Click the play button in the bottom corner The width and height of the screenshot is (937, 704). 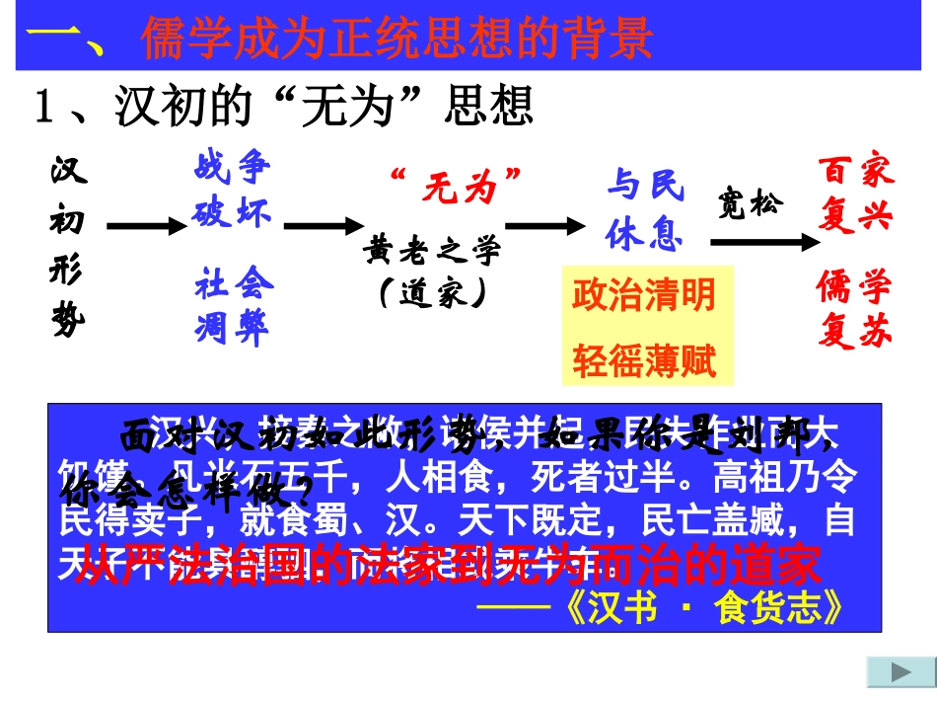click(x=901, y=672)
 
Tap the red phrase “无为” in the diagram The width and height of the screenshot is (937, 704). click(x=455, y=185)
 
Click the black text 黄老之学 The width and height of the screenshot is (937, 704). click(x=432, y=249)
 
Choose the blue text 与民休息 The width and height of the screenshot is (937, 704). click(x=645, y=210)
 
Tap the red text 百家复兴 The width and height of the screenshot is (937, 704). click(x=855, y=194)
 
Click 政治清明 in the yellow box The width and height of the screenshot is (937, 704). click(x=644, y=294)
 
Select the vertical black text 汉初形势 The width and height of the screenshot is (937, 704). click(x=68, y=248)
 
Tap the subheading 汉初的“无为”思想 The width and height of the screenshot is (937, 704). click(x=283, y=106)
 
